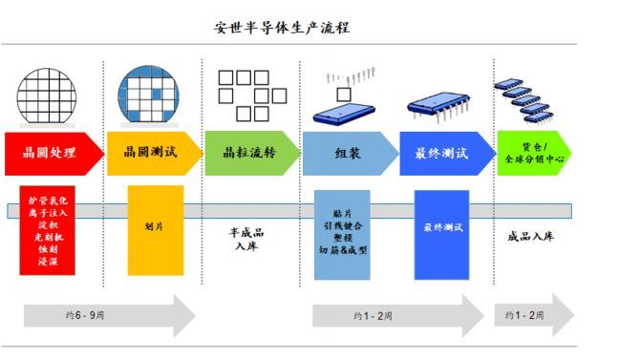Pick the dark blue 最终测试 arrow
coord(445,153)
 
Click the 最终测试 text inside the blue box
coord(441,229)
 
